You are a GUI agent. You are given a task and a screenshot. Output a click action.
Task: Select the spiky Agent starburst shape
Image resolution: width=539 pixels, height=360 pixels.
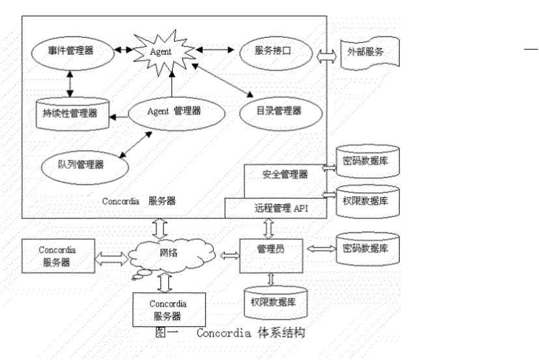(161, 50)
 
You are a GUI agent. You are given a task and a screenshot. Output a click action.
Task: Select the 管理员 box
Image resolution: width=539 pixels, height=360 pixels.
(271, 250)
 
